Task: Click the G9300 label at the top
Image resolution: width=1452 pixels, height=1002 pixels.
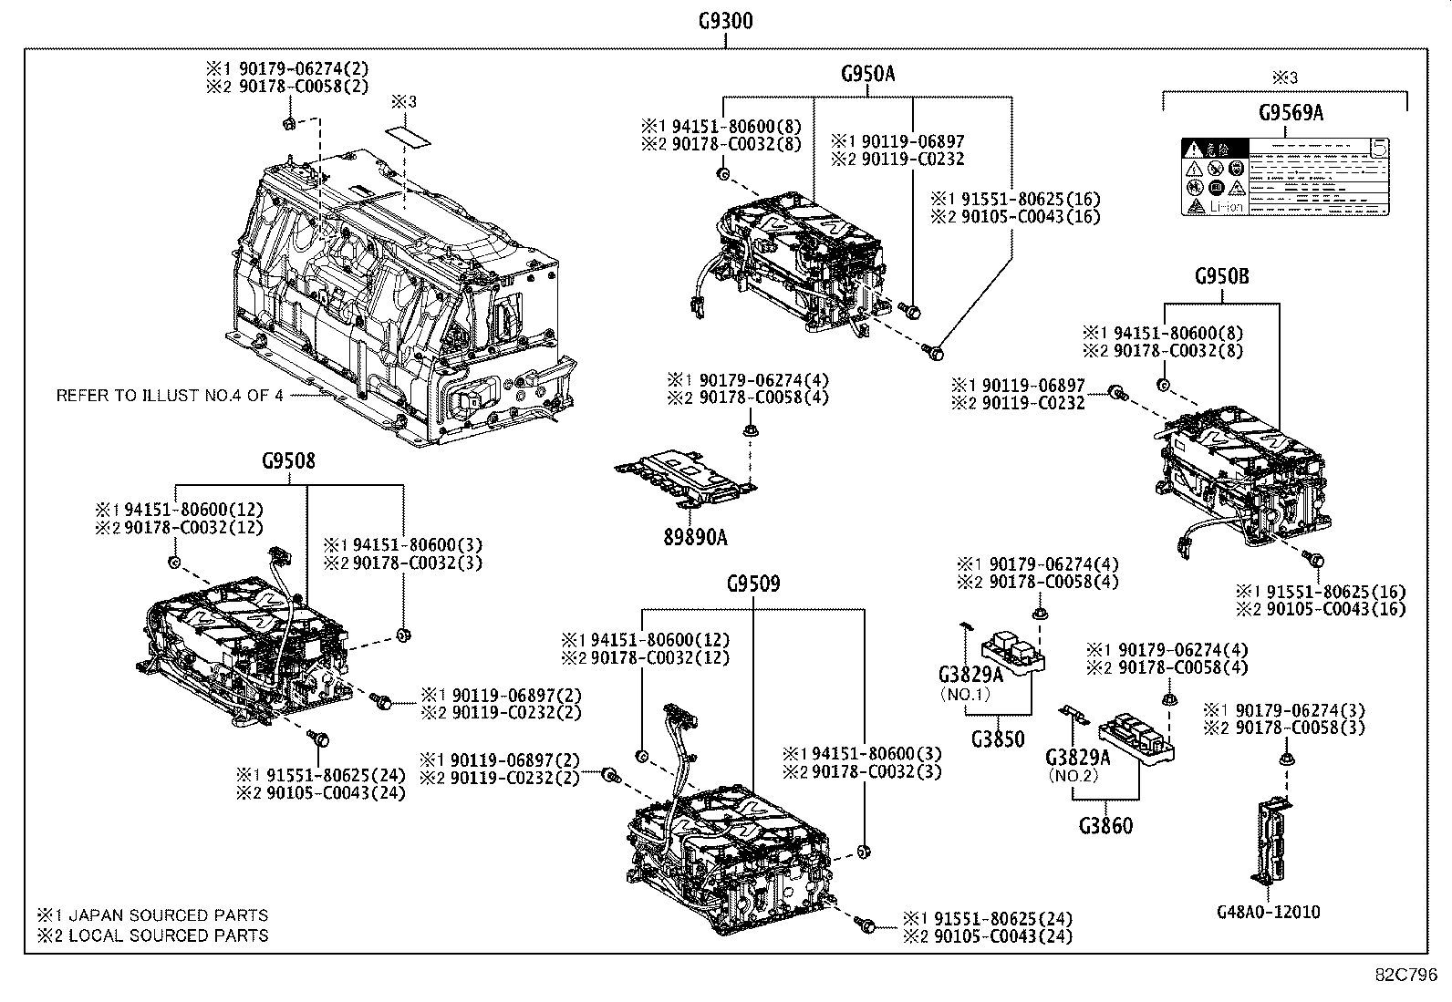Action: (x=725, y=20)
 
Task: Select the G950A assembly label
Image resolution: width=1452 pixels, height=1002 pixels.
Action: (x=867, y=75)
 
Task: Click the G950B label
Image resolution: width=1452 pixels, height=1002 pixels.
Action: (x=1221, y=276)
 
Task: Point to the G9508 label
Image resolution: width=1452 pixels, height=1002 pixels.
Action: (x=288, y=461)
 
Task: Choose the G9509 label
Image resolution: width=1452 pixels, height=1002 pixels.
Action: (x=753, y=584)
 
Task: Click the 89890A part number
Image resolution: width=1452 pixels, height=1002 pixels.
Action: (x=695, y=537)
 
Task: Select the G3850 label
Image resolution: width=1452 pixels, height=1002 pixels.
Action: (x=997, y=739)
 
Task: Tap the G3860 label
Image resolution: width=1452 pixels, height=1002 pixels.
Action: (x=1105, y=826)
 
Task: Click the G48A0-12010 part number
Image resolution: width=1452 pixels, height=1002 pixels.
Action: (x=1268, y=912)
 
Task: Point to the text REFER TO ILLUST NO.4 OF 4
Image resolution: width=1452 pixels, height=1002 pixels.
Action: (x=170, y=396)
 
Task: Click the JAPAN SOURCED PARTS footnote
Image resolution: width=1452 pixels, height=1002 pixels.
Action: (x=152, y=915)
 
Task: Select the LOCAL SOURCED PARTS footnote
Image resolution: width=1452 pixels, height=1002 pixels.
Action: (x=152, y=935)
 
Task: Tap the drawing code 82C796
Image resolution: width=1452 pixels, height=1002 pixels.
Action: (x=1406, y=974)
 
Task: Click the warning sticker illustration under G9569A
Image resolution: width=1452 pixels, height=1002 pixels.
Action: (x=1286, y=177)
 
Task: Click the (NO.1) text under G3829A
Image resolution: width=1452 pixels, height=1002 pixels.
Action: (x=963, y=693)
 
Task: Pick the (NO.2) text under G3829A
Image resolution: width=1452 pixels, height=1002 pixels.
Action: (x=1073, y=776)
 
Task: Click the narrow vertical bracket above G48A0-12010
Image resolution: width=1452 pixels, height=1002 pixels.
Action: (x=1271, y=839)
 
